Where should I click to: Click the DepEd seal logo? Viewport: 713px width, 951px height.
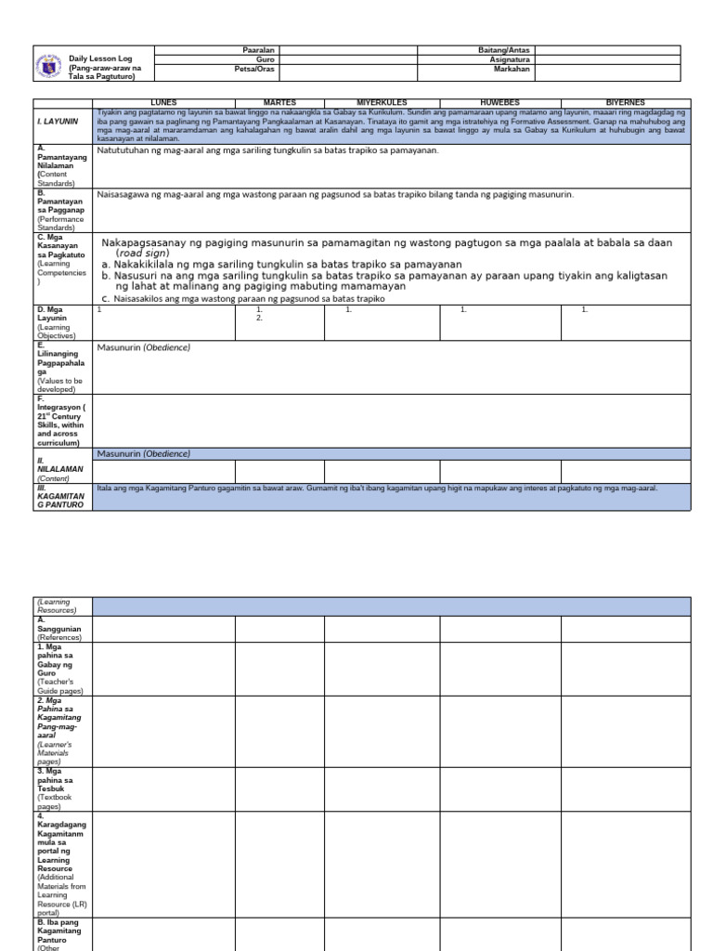coord(50,64)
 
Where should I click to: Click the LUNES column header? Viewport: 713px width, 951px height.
coord(163,102)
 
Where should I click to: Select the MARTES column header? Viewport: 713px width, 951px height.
coord(279,102)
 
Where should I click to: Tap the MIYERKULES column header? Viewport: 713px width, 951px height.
coord(382,102)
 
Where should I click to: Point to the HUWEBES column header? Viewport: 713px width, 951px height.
coord(500,102)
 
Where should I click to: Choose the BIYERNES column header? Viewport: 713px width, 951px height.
coord(626,102)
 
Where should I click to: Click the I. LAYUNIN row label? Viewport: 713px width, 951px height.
coord(58,121)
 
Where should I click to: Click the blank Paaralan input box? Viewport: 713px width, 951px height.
coord(348,49)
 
